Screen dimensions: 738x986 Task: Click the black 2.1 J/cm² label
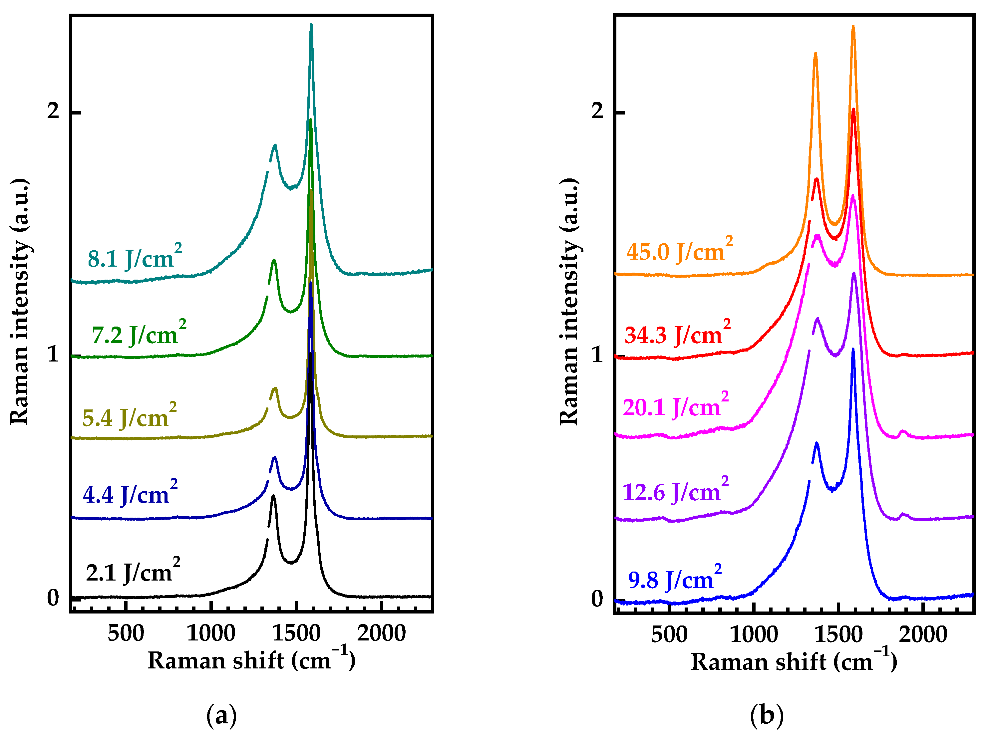pos(133,571)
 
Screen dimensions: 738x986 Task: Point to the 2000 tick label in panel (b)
pos(923,634)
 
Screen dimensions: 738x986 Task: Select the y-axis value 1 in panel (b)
pos(597,355)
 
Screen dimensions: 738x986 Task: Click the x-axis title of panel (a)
pos(251,660)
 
